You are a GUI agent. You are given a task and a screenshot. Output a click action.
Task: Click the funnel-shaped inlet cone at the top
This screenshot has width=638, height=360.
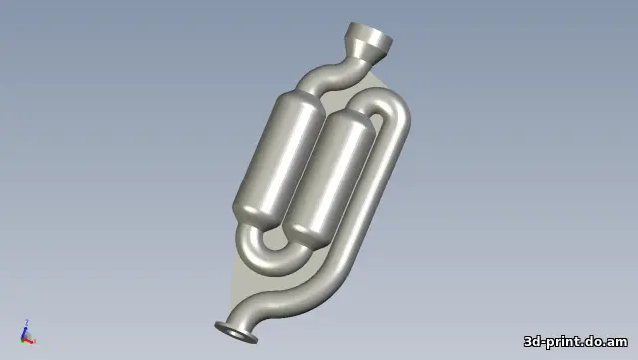coord(368,44)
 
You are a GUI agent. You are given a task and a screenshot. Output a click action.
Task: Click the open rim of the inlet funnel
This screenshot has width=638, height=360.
coord(371,33)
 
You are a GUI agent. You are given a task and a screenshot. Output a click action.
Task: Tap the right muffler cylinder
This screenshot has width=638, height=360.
coord(328,178)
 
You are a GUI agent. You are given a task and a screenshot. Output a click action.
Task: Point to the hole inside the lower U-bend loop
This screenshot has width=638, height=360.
coord(278,240)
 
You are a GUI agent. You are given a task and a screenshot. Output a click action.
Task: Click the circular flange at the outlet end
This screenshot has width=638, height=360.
coord(236,332)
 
